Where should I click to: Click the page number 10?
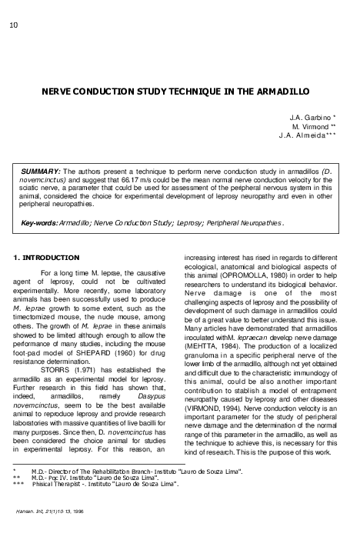[x=13, y=25]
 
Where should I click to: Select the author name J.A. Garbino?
[x=310, y=116]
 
